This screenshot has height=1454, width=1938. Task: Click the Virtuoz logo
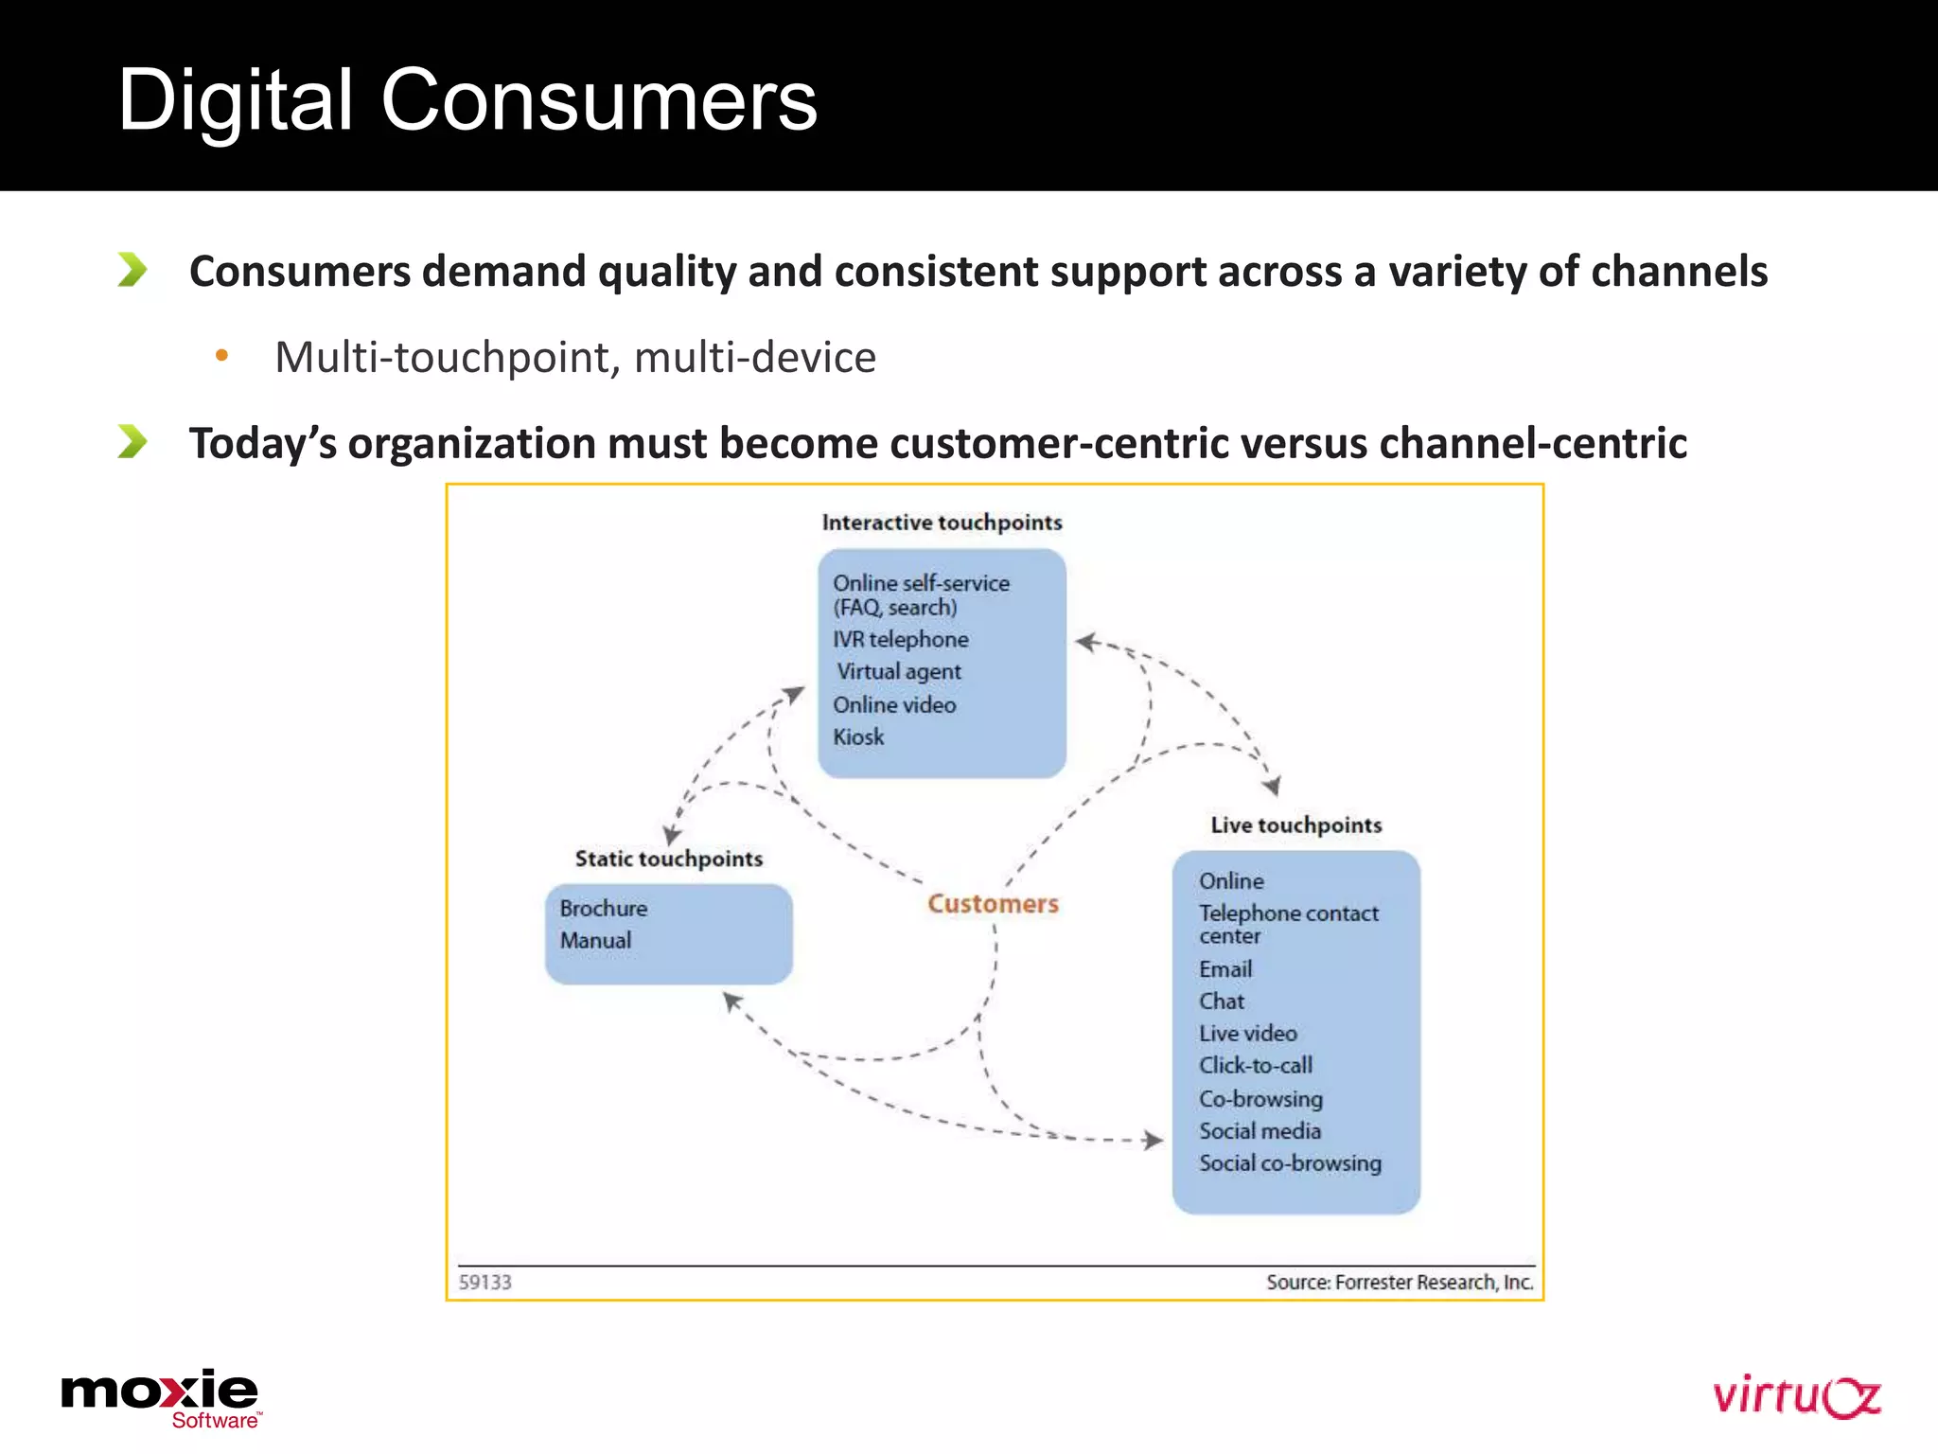[1796, 1397]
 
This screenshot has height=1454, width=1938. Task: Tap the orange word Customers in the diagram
[993, 904]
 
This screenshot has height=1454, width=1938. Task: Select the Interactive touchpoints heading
[942, 523]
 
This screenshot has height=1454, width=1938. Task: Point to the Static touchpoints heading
[669, 859]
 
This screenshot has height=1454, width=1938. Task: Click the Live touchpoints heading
[1295, 825]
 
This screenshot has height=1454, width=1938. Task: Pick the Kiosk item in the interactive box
[858, 737]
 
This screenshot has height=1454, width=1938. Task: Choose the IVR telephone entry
[900, 640]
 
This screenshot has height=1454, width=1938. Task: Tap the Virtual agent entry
[898, 672]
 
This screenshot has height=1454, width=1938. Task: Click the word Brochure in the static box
[604, 909]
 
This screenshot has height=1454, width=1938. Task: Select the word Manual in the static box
[595, 941]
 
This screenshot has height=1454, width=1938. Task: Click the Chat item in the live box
[1222, 1002]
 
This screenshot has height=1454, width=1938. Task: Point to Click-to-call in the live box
[1256, 1066]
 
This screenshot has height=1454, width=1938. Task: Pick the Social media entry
[1260, 1131]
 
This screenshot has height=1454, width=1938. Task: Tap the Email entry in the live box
[1225, 969]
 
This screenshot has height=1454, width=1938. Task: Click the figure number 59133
[484, 1283]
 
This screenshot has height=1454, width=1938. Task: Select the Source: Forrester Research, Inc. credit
[1399, 1283]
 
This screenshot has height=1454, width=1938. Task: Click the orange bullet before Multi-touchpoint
[221, 356]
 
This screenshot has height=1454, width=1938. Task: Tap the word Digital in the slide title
[235, 100]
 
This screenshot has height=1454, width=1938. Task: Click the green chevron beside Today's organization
[132, 441]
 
